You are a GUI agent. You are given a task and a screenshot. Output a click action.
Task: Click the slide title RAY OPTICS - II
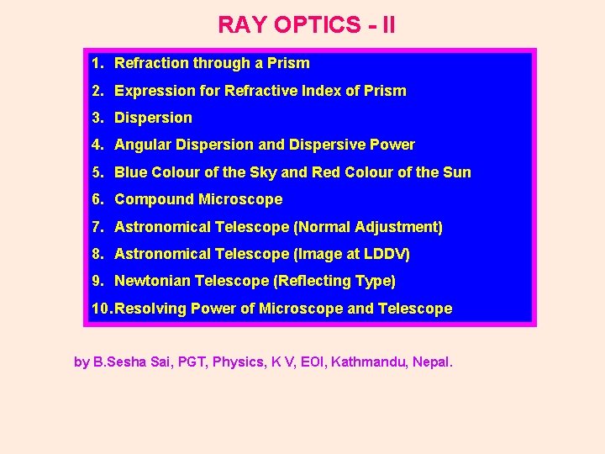click(306, 25)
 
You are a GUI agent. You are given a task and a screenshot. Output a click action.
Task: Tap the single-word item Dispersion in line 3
click(153, 118)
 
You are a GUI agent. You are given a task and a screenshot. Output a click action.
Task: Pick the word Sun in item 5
click(457, 172)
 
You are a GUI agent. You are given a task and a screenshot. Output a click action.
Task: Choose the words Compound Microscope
click(198, 199)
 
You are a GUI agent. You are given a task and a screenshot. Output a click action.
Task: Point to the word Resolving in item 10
click(150, 309)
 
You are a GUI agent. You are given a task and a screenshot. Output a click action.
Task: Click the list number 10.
click(100, 309)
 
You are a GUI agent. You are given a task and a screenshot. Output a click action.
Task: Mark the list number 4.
click(97, 145)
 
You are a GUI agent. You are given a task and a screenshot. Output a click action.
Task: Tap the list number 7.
click(97, 227)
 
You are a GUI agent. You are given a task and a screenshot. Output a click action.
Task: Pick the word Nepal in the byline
click(432, 362)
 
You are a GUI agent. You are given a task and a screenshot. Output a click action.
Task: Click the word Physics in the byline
click(238, 362)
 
